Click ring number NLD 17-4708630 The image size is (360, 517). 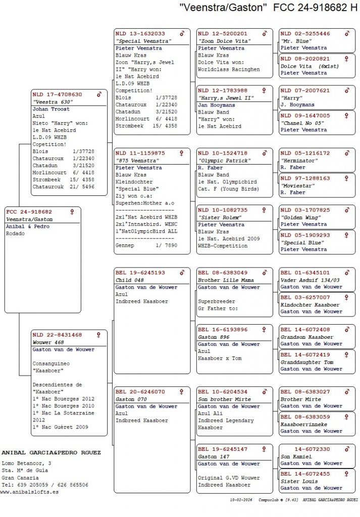click(57, 94)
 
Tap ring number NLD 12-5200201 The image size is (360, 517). click(223, 34)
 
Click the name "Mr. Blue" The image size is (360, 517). click(295, 41)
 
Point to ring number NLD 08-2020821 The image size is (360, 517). click(305, 59)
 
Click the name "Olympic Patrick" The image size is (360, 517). click(224, 161)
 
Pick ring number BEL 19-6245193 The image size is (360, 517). click(140, 273)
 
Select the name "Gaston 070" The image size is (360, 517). click(130, 399)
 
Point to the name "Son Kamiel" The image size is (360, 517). click(296, 456)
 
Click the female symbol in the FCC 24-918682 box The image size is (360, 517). click(72, 212)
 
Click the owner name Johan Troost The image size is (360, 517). click(51, 109)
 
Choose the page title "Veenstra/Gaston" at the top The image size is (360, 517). click(223, 8)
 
